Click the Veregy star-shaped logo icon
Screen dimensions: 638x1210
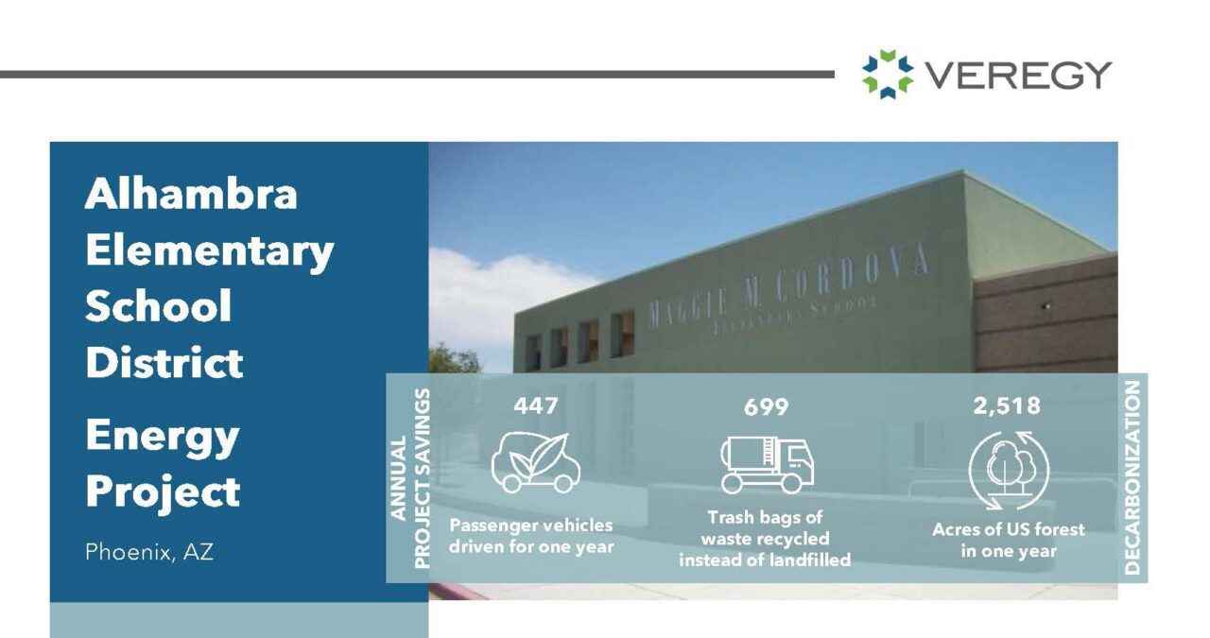[x=888, y=74]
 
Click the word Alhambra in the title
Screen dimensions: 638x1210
[x=191, y=195]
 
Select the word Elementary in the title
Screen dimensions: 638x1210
[x=209, y=251]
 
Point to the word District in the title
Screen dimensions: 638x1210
[x=164, y=363]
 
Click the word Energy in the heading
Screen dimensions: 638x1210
[x=162, y=436]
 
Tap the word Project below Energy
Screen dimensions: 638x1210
[x=163, y=491]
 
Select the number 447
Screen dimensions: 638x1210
[x=536, y=405]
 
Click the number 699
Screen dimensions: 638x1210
[x=766, y=407]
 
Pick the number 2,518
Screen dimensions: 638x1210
[x=1007, y=405]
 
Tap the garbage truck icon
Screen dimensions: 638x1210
[x=767, y=464]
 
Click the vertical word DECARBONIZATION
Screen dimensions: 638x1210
[x=1133, y=477]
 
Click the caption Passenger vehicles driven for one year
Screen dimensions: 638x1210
[x=530, y=536]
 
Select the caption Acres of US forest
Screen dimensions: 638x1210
[x=1008, y=529]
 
